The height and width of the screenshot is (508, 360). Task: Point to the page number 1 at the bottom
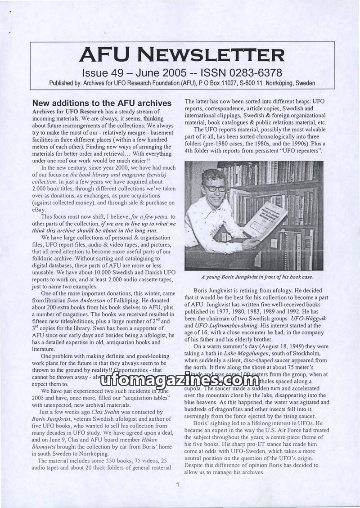pyautogui.click(x=178, y=485)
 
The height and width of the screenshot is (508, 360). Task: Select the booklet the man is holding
pyautogui.click(x=265, y=220)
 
